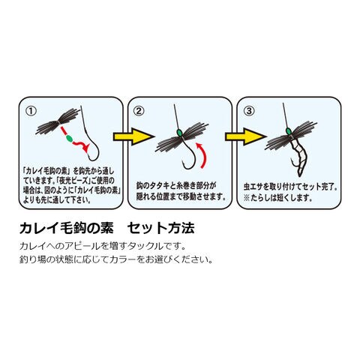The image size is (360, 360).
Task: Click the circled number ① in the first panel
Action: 31,111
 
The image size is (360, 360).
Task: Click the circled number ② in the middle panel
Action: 139,111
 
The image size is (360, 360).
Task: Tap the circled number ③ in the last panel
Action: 249,111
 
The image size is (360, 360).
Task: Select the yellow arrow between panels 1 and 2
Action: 134,136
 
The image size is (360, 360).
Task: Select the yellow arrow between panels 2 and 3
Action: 245,136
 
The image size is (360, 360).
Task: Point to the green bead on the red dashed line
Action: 67,138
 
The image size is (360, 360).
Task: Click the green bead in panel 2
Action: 179,133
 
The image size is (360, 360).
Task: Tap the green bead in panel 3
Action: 288,131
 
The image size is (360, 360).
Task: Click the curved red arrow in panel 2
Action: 205,155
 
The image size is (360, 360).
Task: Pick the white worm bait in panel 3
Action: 299,157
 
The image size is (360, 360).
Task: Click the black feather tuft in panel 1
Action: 58,121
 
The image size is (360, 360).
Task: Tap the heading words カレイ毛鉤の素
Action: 67,228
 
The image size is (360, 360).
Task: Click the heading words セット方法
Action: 160,228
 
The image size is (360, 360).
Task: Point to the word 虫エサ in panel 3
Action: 253,187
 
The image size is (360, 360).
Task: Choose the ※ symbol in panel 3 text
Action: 247,198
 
